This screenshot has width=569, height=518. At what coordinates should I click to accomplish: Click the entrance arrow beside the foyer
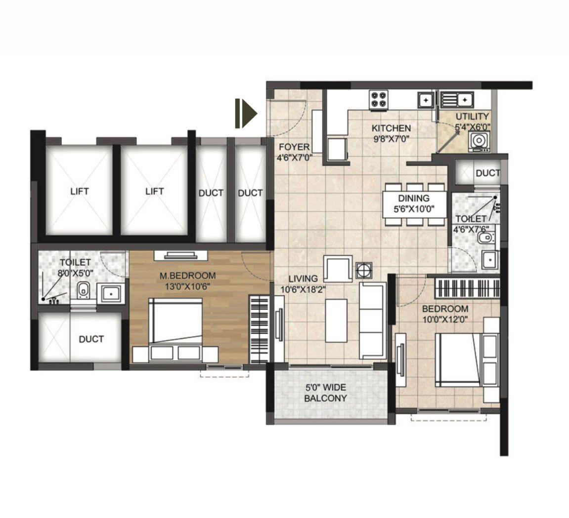pyautogui.click(x=246, y=114)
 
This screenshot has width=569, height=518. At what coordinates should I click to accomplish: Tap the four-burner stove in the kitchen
pyautogui.click(x=379, y=100)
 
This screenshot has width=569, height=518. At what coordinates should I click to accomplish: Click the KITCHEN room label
pyautogui.click(x=391, y=128)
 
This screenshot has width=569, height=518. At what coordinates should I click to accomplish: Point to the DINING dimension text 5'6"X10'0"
pyautogui.click(x=414, y=209)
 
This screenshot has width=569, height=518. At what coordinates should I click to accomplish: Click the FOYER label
pyautogui.click(x=294, y=147)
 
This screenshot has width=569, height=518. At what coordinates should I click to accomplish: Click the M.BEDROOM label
pyautogui.click(x=188, y=276)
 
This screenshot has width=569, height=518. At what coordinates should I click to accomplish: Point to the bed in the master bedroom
pyautogui.click(x=175, y=329)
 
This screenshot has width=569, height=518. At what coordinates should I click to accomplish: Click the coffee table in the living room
pyautogui.click(x=336, y=320)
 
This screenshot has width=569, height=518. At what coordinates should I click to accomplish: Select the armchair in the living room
pyautogui.click(x=338, y=268)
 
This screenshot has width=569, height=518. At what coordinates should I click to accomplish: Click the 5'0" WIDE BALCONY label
pyautogui.click(x=325, y=393)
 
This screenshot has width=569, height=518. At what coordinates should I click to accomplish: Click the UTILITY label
pyautogui.click(x=472, y=117)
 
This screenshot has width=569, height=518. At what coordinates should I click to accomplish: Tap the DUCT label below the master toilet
pyautogui.click(x=91, y=339)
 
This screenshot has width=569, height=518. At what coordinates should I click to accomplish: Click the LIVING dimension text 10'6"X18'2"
pyautogui.click(x=304, y=290)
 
